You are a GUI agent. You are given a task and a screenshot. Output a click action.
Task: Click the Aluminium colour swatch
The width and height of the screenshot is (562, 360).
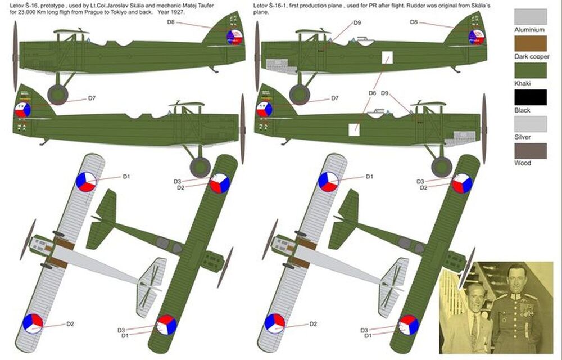point(530,16)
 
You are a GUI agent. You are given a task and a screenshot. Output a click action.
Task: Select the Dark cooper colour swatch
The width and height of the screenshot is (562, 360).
point(530,43)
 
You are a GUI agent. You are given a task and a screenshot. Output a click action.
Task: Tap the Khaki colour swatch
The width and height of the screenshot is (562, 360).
point(530,70)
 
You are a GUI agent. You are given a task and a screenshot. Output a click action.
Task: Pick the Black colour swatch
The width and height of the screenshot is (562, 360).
point(530,97)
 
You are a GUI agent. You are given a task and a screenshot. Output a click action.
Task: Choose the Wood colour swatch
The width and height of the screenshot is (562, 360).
point(530,151)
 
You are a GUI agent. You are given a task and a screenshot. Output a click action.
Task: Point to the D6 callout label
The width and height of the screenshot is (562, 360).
point(372,93)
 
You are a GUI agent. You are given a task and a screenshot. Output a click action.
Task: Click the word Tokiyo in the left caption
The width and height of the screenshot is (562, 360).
point(133,11)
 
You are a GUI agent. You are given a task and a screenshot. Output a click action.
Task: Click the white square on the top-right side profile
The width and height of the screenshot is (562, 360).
point(387,58)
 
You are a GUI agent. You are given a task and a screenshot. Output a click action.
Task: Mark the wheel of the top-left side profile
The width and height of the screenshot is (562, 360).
point(58,94)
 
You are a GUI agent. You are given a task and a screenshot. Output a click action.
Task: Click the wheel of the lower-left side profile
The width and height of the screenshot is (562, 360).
point(200,167)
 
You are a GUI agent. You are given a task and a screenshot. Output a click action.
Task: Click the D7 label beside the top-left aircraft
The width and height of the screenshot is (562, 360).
point(92,98)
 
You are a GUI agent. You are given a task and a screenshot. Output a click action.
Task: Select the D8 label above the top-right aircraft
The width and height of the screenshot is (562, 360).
point(413,22)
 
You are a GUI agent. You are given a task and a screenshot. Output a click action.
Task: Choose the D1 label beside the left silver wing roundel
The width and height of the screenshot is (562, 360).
point(126,177)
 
